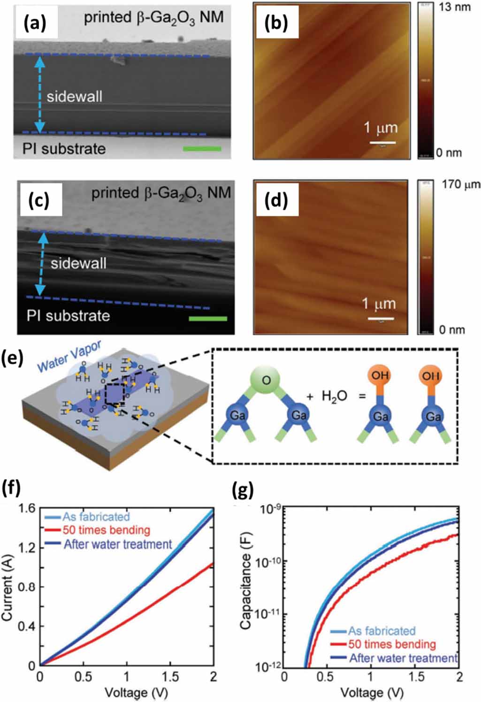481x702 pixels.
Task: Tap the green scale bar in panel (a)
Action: tap(202, 149)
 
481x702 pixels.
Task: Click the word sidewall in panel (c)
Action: tap(78, 263)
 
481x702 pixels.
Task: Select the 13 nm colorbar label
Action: tap(454, 7)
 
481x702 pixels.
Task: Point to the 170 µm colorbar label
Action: tap(460, 184)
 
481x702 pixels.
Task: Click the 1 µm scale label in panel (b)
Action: tap(381, 128)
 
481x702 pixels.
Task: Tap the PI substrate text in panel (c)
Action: tap(68, 315)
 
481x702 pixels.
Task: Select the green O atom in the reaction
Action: tap(267, 380)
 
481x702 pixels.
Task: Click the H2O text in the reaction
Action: tap(334, 396)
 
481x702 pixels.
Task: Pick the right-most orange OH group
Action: tap(430, 375)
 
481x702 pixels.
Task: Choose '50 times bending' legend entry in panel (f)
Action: tap(106, 530)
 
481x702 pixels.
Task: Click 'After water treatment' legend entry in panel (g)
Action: tap(403, 658)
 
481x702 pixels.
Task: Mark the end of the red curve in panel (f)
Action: tap(213, 564)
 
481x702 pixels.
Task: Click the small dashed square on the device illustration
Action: tap(114, 393)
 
